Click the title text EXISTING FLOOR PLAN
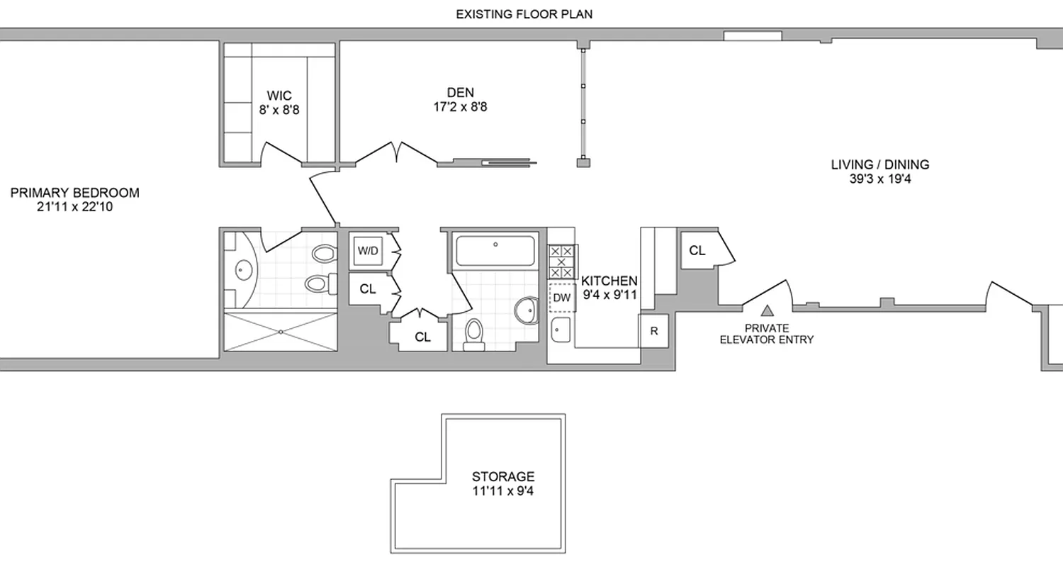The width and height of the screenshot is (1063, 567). [524, 14]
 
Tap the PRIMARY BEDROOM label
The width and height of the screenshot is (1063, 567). [75, 193]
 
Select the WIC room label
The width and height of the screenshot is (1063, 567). [279, 96]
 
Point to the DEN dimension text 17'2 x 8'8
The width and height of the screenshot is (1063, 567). [460, 108]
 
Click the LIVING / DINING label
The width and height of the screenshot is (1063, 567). [880, 165]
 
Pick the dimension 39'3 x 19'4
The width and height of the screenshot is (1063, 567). [880, 179]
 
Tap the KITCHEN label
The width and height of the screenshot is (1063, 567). [609, 281]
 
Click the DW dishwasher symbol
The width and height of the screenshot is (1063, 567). [561, 298]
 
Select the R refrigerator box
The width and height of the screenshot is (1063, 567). [653, 331]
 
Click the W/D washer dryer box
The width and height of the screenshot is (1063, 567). [367, 251]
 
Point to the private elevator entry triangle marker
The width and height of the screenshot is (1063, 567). [767, 310]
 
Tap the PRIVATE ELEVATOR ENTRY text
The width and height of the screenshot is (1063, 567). [767, 334]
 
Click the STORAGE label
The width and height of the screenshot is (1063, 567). [503, 476]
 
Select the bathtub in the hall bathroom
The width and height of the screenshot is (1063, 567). [495, 250]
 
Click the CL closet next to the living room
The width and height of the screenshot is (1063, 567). [697, 250]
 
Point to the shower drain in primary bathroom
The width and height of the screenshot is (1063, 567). [281, 331]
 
